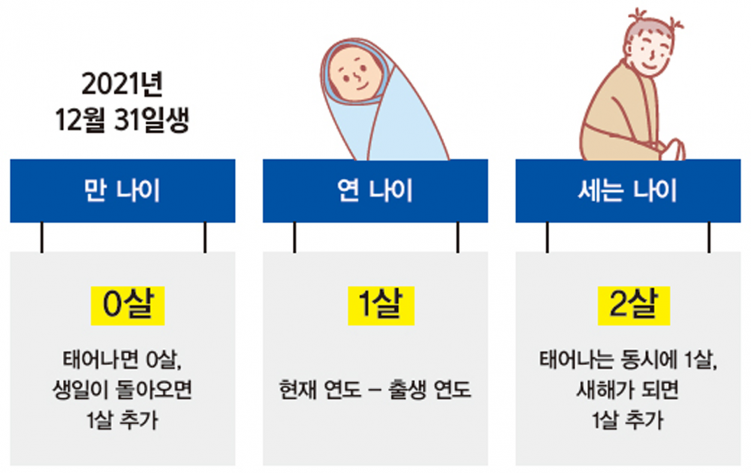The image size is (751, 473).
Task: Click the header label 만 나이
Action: tap(122, 191)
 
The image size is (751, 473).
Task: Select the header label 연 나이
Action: tap(375, 191)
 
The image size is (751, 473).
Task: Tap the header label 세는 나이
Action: tap(627, 191)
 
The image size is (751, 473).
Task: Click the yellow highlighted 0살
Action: tap(128, 306)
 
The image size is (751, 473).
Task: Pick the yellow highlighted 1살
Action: tap(381, 306)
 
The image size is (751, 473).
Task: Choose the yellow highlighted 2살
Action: tap(634, 306)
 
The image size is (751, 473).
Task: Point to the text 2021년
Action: tap(122, 84)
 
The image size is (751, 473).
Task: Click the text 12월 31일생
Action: tap(122, 119)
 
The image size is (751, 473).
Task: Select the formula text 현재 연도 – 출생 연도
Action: tap(375, 390)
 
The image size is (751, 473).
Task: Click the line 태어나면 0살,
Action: tap(122, 360)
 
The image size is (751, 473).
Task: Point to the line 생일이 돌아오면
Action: tap(122, 390)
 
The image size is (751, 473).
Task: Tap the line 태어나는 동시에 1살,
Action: tap(628, 360)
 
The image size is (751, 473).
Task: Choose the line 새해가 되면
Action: tap(628, 390)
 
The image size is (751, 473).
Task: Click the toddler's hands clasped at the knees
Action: tap(672, 149)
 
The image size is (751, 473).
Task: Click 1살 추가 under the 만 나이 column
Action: tap(122, 420)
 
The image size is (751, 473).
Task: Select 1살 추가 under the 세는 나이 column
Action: tap(628, 420)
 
